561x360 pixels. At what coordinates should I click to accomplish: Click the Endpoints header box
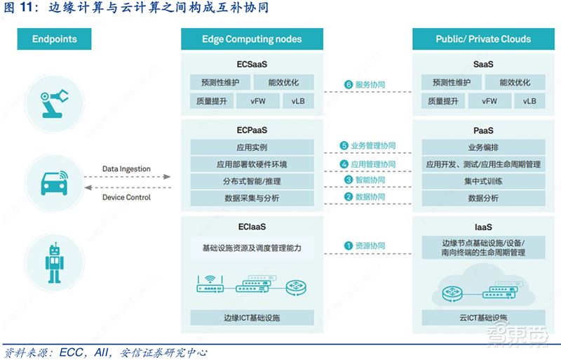pyautogui.click(x=54, y=39)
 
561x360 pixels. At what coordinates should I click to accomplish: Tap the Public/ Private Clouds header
pyautogui.click(x=483, y=39)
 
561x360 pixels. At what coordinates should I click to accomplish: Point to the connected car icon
pyautogui.click(x=54, y=181)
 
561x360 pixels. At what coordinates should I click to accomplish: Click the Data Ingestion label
pyautogui.click(x=126, y=169)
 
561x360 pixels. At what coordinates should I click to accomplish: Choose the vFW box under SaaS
pyautogui.click(x=490, y=101)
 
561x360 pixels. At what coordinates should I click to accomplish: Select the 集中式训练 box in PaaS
pyautogui.click(x=483, y=181)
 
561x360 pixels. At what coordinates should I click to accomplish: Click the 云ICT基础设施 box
pyautogui.click(x=483, y=318)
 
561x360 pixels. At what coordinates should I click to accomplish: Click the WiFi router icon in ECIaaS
pyautogui.click(x=209, y=283)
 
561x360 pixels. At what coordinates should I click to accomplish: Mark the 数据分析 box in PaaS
pyautogui.click(x=483, y=199)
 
